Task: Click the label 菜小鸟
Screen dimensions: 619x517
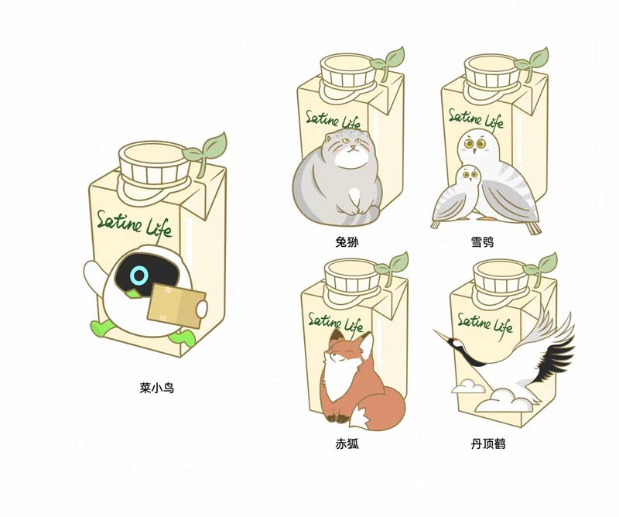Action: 157,389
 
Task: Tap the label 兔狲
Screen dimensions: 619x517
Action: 347,241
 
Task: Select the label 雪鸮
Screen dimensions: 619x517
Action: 482,241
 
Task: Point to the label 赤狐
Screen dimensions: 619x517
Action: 347,444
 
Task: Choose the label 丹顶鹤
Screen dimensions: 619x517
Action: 488,444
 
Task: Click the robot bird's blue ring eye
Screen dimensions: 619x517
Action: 139,276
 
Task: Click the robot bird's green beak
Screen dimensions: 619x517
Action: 132,293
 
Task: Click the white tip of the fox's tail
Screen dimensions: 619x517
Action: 358,419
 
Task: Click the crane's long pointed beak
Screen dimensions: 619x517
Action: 442,334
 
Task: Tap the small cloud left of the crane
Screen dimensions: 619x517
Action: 468,387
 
